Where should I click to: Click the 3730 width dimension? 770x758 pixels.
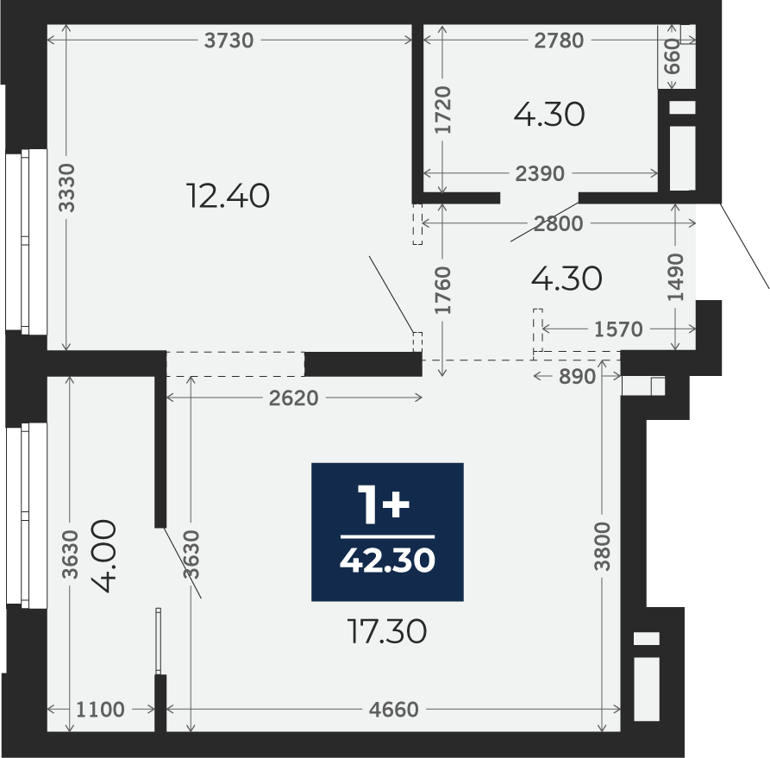pyautogui.click(x=228, y=41)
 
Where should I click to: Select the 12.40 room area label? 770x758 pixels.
pyautogui.click(x=228, y=196)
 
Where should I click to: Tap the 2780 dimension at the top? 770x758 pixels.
pyautogui.click(x=559, y=41)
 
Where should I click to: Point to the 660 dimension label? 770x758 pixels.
pyautogui.click(x=673, y=57)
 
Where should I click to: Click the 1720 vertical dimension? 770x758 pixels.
pyautogui.click(x=443, y=110)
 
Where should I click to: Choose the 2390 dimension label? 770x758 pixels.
pyautogui.click(x=540, y=173)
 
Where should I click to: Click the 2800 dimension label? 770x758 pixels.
pyautogui.click(x=559, y=224)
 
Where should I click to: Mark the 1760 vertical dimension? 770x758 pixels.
pyautogui.click(x=443, y=290)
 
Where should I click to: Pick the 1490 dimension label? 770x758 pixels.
pyautogui.click(x=676, y=277)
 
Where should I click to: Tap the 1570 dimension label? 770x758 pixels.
pyautogui.click(x=618, y=329)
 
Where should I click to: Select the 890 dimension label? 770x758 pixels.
pyautogui.click(x=578, y=376)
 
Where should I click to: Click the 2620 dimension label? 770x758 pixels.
pyautogui.click(x=294, y=398)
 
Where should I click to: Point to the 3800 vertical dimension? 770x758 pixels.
pyautogui.click(x=602, y=546)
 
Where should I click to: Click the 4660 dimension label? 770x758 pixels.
pyautogui.click(x=394, y=710)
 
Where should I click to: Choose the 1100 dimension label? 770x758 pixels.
pyautogui.click(x=101, y=710)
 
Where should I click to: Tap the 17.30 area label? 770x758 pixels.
pyautogui.click(x=387, y=631)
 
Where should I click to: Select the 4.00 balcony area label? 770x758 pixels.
pyautogui.click(x=105, y=555)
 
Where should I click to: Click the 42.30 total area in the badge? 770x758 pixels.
pyautogui.click(x=387, y=560)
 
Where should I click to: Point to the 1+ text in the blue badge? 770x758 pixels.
pyautogui.click(x=384, y=504)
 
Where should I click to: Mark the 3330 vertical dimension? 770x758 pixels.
pyautogui.click(x=66, y=188)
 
